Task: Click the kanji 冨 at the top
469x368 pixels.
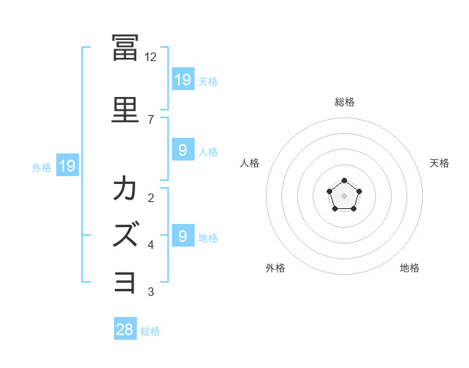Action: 125,48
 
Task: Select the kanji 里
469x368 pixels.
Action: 125,110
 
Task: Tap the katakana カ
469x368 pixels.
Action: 125,188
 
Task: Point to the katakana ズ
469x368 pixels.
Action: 126,234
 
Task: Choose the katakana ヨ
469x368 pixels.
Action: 125,283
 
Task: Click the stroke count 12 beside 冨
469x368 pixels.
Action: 150,57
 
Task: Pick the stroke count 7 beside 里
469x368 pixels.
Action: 151,120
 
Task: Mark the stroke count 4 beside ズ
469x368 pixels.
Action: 151,245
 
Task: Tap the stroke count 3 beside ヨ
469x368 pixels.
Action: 151,291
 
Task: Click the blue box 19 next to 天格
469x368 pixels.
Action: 183,79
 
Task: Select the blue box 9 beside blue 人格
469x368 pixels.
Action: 183,150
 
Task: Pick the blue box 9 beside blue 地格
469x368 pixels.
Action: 183,235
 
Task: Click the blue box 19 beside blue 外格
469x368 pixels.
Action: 67,165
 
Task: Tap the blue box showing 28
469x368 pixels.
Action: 125,328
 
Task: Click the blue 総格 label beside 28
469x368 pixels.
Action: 150,331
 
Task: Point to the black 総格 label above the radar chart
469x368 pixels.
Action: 345,102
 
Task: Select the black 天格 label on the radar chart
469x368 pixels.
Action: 439,163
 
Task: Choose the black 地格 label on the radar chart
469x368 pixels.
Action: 410,268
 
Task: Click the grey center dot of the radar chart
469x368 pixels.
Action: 344,196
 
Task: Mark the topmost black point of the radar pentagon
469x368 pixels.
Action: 344,180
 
